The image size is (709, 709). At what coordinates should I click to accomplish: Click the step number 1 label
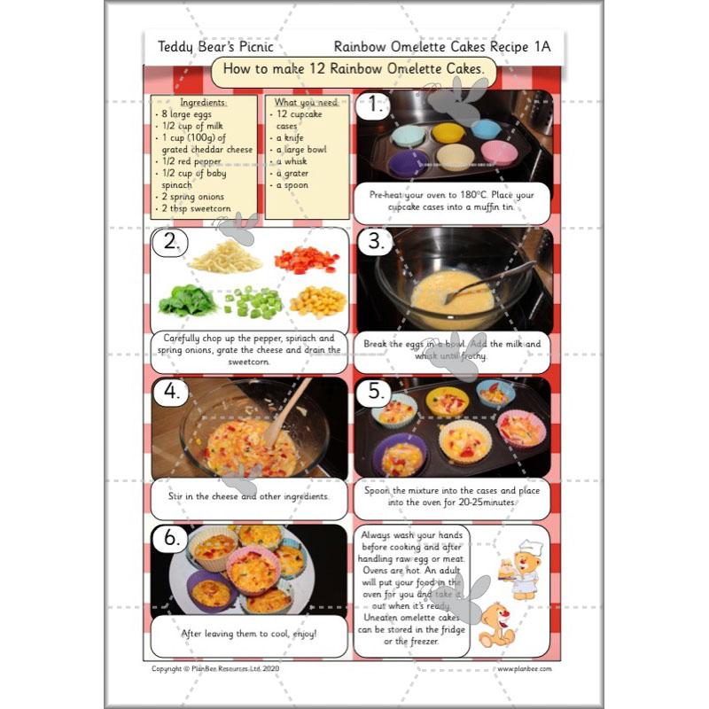tap(377, 106)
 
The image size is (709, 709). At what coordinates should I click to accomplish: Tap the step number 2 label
tap(171, 242)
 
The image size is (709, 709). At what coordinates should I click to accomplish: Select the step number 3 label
tap(377, 242)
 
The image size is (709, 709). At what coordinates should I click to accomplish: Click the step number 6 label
tap(171, 538)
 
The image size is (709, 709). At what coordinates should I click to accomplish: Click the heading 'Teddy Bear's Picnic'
tap(215, 47)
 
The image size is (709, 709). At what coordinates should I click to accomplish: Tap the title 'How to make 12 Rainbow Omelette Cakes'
tap(354, 69)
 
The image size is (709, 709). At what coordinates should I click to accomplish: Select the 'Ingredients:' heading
tap(203, 103)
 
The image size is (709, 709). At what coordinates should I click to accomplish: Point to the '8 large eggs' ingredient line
tap(188, 114)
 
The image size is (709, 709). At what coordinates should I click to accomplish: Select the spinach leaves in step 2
tap(187, 302)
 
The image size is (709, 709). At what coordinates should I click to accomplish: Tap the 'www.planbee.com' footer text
tap(524, 669)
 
